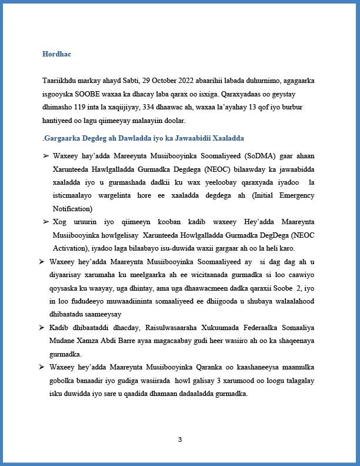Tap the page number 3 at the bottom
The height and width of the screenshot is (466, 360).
click(x=180, y=439)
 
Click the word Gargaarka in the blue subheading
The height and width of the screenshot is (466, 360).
click(x=64, y=138)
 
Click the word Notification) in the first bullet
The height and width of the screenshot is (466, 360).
click(x=72, y=209)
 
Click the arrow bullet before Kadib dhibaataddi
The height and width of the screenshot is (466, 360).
click(x=42, y=327)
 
